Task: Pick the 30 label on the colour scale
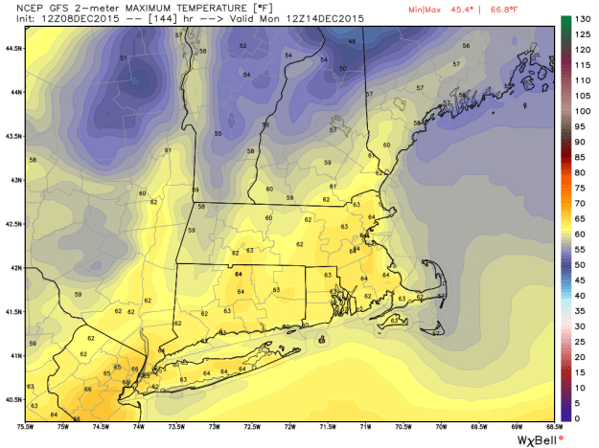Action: tap(580, 325)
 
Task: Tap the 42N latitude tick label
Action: tap(13, 268)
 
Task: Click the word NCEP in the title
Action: tap(16, 8)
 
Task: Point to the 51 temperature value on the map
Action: tap(124, 58)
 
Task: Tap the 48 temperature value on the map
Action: tap(352, 41)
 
